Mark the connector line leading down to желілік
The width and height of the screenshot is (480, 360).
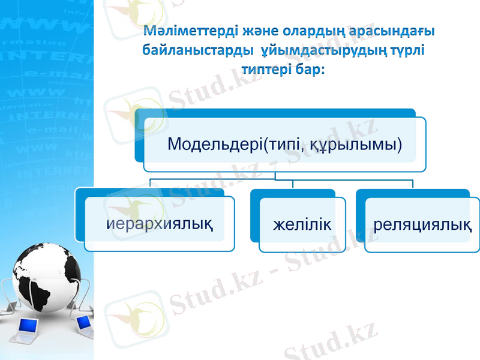click(x=293, y=184)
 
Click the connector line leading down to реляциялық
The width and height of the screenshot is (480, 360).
click(x=413, y=184)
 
